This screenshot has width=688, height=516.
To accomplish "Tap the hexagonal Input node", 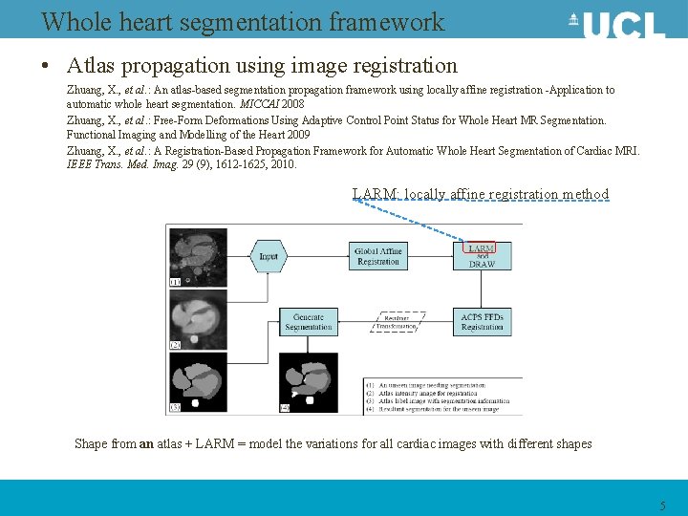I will [x=269, y=256].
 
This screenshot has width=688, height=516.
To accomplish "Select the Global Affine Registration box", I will [x=378, y=256].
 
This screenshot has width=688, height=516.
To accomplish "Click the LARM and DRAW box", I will [x=482, y=255].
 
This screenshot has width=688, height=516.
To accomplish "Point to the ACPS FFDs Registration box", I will [x=482, y=322].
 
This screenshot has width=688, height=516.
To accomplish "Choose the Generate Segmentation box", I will [x=309, y=322].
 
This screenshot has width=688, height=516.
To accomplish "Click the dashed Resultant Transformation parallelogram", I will [x=396, y=322].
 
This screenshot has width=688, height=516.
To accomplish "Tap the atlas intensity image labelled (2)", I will [x=197, y=319].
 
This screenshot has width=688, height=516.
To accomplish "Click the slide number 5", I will [x=662, y=505].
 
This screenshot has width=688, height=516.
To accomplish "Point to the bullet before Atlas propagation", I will [x=45, y=67].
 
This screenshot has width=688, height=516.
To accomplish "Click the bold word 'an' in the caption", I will [x=146, y=443].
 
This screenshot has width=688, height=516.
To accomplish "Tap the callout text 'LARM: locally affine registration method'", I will [x=481, y=194].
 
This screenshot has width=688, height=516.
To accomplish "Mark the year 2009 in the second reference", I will [x=295, y=135].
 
